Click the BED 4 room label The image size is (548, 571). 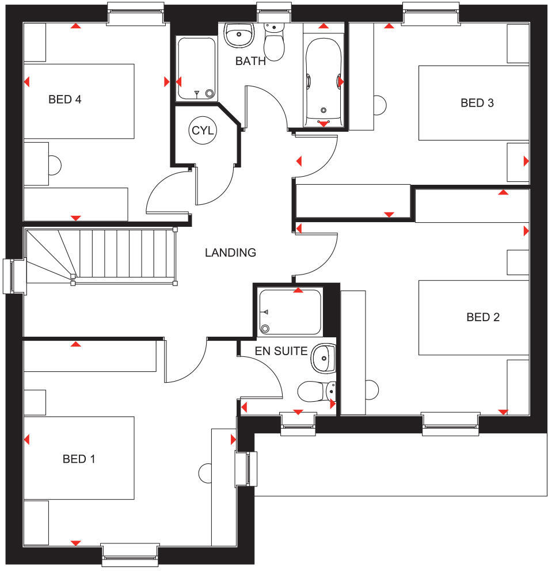coord(64,100)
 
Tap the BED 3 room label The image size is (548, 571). coord(477,103)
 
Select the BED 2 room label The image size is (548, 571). coord(483,317)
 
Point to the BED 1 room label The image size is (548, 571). coord(79,459)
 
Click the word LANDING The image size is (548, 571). coord(230,252)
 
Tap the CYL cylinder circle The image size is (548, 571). coord(203,131)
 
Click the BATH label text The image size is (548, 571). coord(250,61)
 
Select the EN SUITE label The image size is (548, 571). coord(281,351)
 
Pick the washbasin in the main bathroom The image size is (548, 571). coord(239,35)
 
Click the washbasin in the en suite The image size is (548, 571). coord(323,359)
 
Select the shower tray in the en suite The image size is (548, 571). coord(290,312)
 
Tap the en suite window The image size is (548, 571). coord(298,422)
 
